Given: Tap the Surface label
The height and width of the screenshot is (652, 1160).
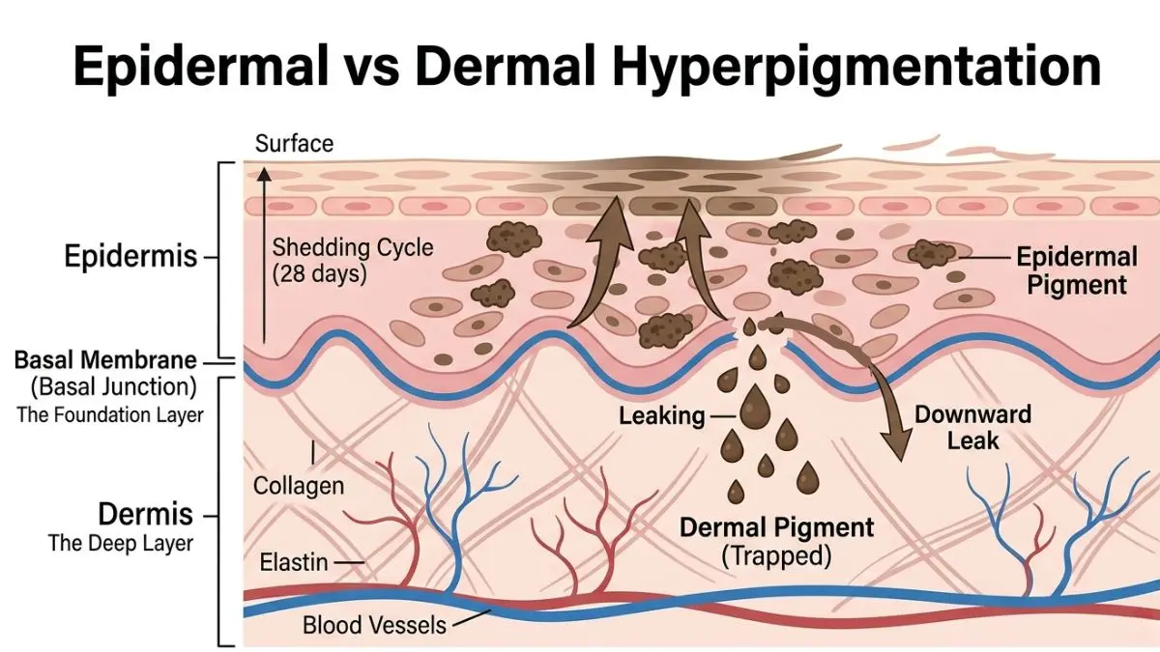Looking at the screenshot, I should (294, 144).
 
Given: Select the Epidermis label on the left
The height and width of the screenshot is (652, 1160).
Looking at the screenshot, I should (130, 257).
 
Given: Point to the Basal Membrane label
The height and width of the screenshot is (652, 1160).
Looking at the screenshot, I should (104, 361).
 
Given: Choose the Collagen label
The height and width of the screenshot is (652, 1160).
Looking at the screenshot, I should (298, 485).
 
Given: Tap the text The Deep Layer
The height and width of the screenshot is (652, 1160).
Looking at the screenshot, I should (121, 543).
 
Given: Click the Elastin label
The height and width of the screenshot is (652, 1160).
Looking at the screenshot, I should (294, 561).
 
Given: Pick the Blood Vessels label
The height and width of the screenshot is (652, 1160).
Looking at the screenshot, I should (374, 624).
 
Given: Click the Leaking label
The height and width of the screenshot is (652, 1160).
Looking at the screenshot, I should (663, 416).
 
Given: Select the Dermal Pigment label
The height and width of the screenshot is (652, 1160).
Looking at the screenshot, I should (776, 527).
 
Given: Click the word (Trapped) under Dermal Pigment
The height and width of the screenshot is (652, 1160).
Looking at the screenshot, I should (776, 556).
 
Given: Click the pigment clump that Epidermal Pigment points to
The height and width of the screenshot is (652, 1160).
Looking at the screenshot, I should (931, 254).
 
